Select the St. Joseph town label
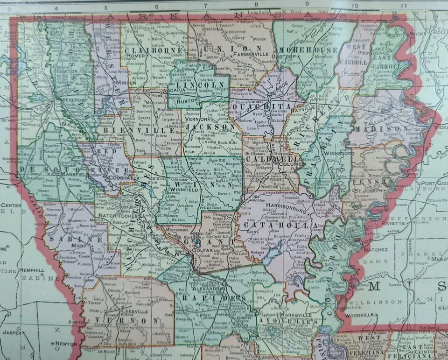coord(365,191)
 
